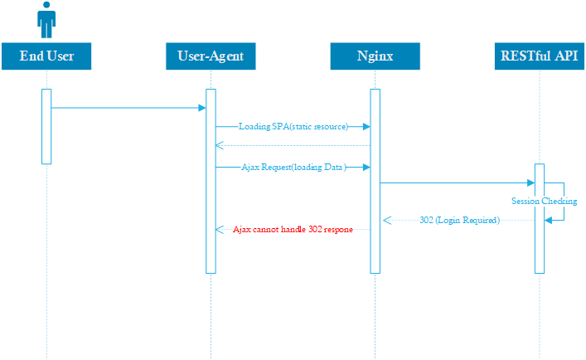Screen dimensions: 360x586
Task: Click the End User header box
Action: pyautogui.click(x=46, y=56)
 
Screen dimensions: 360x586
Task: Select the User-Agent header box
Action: pyautogui.click(x=211, y=56)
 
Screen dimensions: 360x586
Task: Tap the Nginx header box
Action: pyautogui.click(x=375, y=56)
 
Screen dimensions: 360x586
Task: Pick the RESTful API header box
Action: pyautogui.click(x=539, y=56)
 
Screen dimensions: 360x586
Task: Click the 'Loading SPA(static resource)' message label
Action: pyautogui.click(x=293, y=127)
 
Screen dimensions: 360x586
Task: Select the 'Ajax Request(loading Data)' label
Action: pyautogui.click(x=293, y=167)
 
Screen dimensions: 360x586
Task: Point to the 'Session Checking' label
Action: pyautogui.click(x=544, y=202)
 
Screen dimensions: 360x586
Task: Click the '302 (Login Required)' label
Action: pyautogui.click(x=459, y=221)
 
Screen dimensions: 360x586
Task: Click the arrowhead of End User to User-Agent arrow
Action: pyautogui.click(x=201, y=108)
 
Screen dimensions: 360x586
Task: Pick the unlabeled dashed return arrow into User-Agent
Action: pyautogui.click(x=290, y=146)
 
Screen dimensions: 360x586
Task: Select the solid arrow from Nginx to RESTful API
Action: pyautogui.click(x=456, y=182)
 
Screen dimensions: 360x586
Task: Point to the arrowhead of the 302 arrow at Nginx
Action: pyautogui.click(x=385, y=221)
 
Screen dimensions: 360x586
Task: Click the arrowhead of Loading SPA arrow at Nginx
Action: pyautogui.click(x=366, y=127)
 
